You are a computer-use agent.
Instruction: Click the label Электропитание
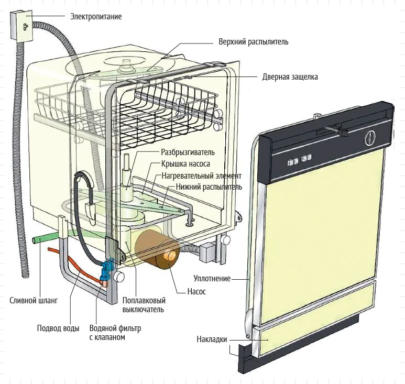point(96,17)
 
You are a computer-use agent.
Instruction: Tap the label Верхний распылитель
point(253,42)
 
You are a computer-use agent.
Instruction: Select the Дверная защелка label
point(290,77)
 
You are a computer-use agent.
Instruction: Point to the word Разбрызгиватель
point(188,152)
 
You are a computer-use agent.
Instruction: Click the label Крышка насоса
point(185,164)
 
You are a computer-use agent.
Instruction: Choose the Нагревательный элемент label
point(202,176)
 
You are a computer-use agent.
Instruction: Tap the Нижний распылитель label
point(209,186)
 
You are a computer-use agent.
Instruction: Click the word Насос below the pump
point(196,292)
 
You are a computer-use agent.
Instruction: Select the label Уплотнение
point(212,279)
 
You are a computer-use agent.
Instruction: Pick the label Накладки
point(212,339)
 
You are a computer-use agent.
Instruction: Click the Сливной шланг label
point(34,301)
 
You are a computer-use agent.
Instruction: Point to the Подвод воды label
point(58,328)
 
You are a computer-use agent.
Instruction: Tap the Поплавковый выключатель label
point(144,305)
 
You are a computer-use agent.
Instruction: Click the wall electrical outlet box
point(21,25)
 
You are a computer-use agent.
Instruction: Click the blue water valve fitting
point(107,270)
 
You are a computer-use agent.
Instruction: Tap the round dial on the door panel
point(370,137)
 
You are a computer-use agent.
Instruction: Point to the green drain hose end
point(35,240)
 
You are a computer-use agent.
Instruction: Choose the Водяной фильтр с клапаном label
point(115,333)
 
